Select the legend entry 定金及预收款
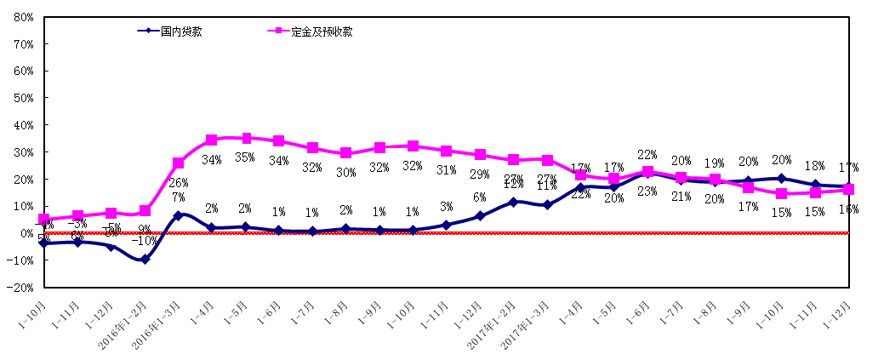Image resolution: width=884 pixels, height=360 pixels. point(322,31)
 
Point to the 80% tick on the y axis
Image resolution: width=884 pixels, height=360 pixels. point(22,17)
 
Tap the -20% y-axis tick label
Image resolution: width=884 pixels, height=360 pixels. point(20,288)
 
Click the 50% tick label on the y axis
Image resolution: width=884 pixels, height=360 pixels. point(22,98)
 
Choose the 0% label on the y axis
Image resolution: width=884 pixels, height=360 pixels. point(26,233)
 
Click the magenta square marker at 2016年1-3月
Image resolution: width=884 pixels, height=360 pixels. point(178,163)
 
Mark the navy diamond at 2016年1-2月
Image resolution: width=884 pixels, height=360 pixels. point(145,259)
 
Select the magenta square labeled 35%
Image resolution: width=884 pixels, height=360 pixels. point(246,138)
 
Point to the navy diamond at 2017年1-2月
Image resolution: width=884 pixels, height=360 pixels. point(513,202)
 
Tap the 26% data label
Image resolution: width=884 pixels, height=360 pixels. point(178,182)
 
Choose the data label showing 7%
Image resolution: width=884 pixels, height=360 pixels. point(178,197)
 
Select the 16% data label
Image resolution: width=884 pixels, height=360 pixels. point(848,209)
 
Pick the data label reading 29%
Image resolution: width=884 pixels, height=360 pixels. point(480,174)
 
